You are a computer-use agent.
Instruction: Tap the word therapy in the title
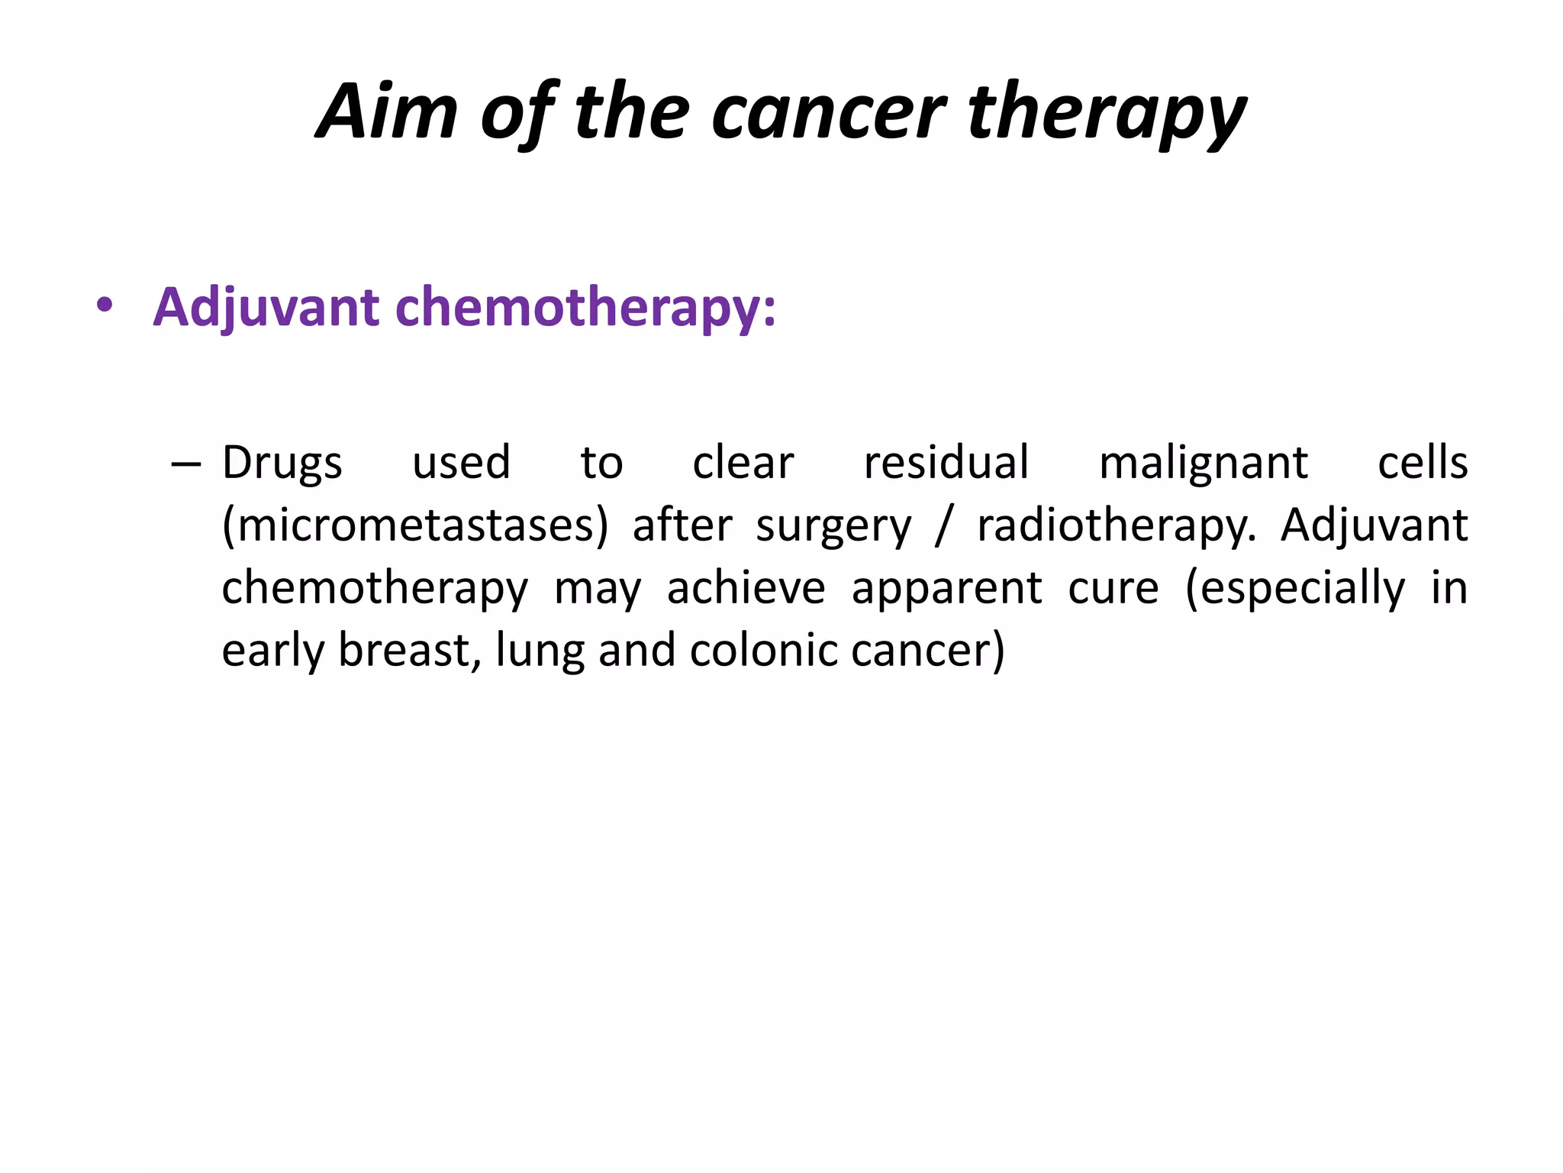click(x=1107, y=113)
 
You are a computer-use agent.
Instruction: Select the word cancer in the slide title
click(x=829, y=113)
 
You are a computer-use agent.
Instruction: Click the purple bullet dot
click(x=105, y=306)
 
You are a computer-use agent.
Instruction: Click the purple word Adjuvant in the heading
click(x=266, y=308)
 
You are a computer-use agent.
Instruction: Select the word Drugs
click(x=282, y=464)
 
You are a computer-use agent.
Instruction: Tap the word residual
click(x=946, y=463)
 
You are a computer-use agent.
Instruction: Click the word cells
click(x=1423, y=463)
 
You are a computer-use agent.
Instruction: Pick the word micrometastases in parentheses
click(x=415, y=526)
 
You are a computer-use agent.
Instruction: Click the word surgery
click(x=833, y=527)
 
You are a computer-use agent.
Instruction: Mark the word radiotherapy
click(x=1116, y=527)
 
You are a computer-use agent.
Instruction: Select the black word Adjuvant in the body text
click(x=1374, y=525)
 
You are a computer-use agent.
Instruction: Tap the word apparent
click(x=946, y=589)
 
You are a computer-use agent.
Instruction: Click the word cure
click(x=1113, y=589)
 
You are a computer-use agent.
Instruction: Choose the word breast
click(x=409, y=651)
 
